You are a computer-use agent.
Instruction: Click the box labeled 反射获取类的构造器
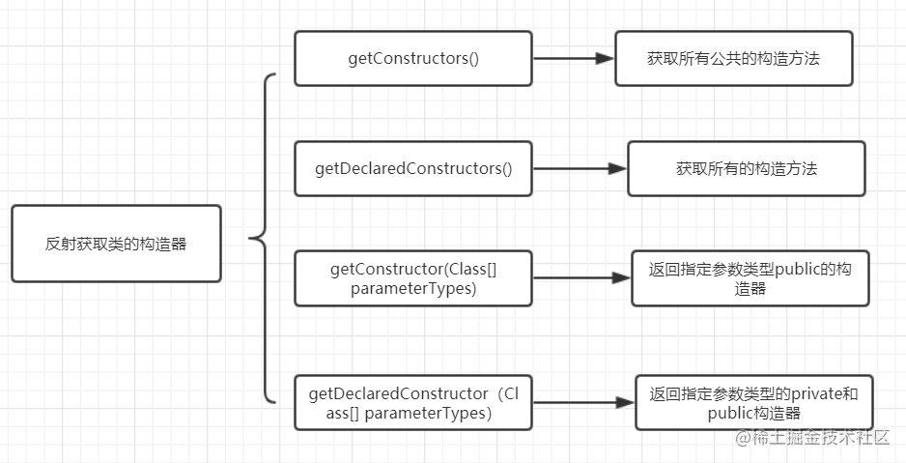coord(116,244)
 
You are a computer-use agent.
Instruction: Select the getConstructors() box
coord(413,58)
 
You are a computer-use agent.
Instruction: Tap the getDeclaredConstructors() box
coord(413,168)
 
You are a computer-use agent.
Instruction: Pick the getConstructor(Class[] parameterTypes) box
coord(413,278)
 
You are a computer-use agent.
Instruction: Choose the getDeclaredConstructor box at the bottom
coord(413,402)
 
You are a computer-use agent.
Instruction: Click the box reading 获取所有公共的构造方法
coord(734,58)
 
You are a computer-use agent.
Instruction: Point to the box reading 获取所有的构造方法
coord(747,168)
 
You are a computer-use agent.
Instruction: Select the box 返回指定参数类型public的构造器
coord(750,278)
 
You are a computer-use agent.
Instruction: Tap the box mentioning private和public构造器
coord(754,402)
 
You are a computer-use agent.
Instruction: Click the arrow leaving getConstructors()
coord(574,58)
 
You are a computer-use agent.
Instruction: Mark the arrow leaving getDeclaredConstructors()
coord(580,168)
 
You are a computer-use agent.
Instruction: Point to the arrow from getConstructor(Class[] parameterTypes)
coord(581,277)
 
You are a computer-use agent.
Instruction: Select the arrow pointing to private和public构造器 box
coord(583,402)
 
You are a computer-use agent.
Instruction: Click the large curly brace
coord(266,238)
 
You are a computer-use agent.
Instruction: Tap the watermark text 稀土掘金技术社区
coord(820,438)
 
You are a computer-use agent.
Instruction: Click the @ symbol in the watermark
coord(743,438)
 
